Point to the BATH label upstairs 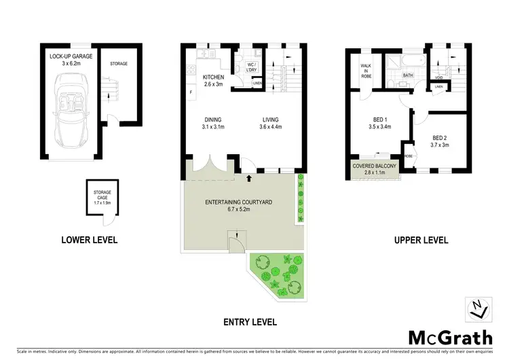(x=408, y=76)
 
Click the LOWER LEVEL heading (x=89, y=239)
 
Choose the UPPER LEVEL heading (x=420, y=240)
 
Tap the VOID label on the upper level (x=440, y=77)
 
